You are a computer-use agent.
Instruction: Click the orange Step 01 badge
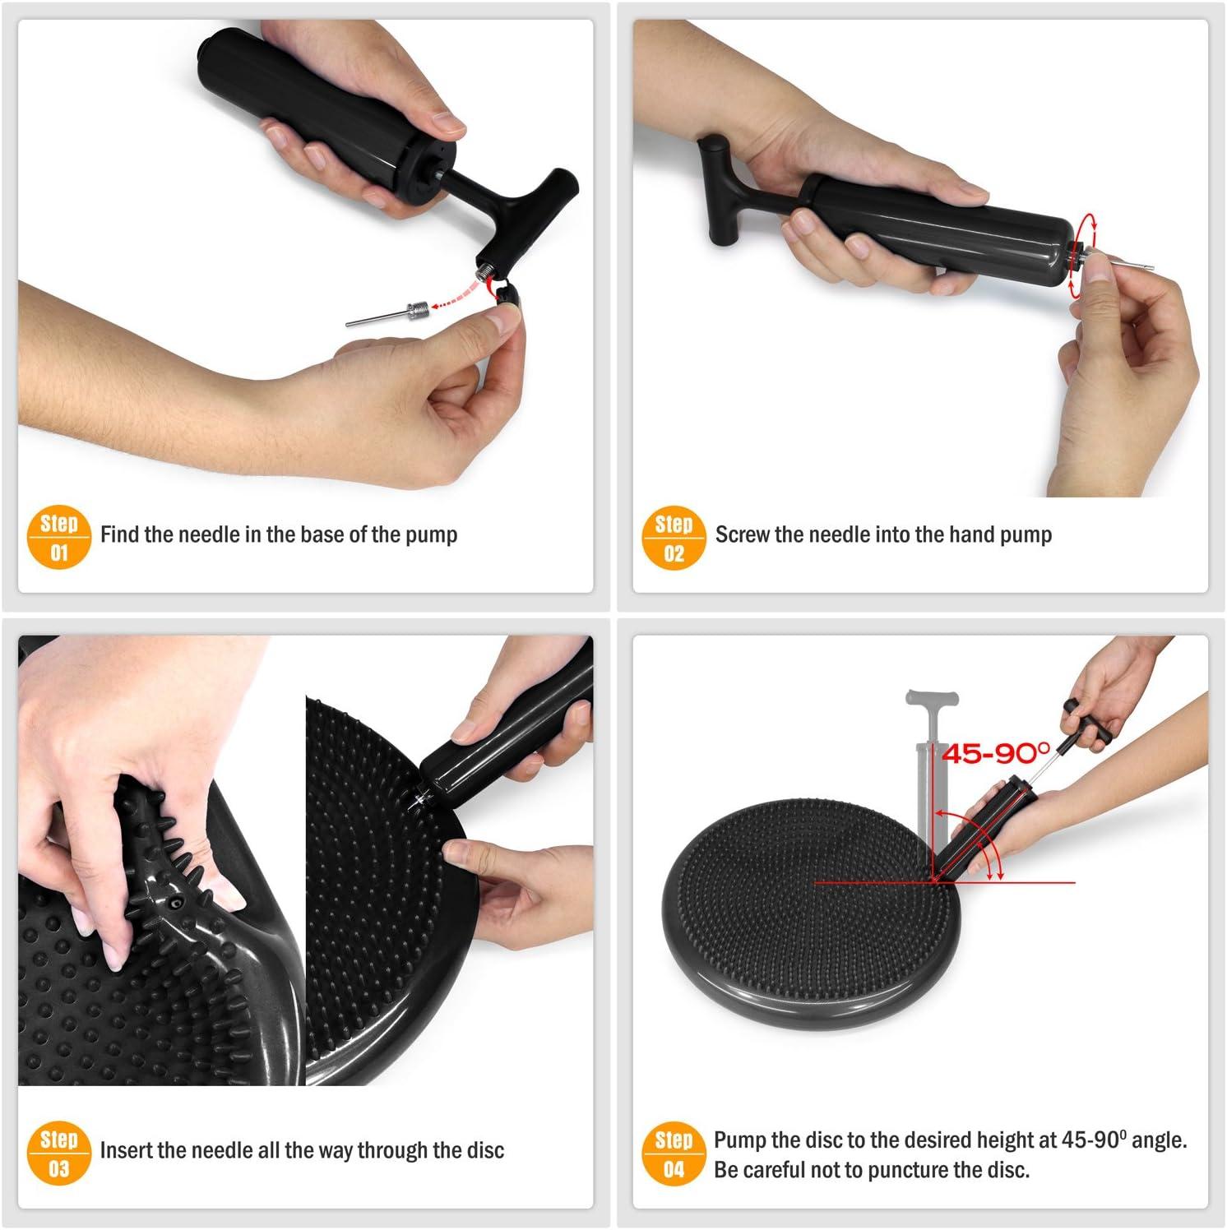point(58,539)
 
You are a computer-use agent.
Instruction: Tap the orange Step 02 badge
point(674,539)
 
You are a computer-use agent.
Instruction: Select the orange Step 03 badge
point(58,1154)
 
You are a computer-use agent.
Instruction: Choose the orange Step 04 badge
point(674,1154)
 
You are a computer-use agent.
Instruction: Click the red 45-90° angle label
point(996,752)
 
